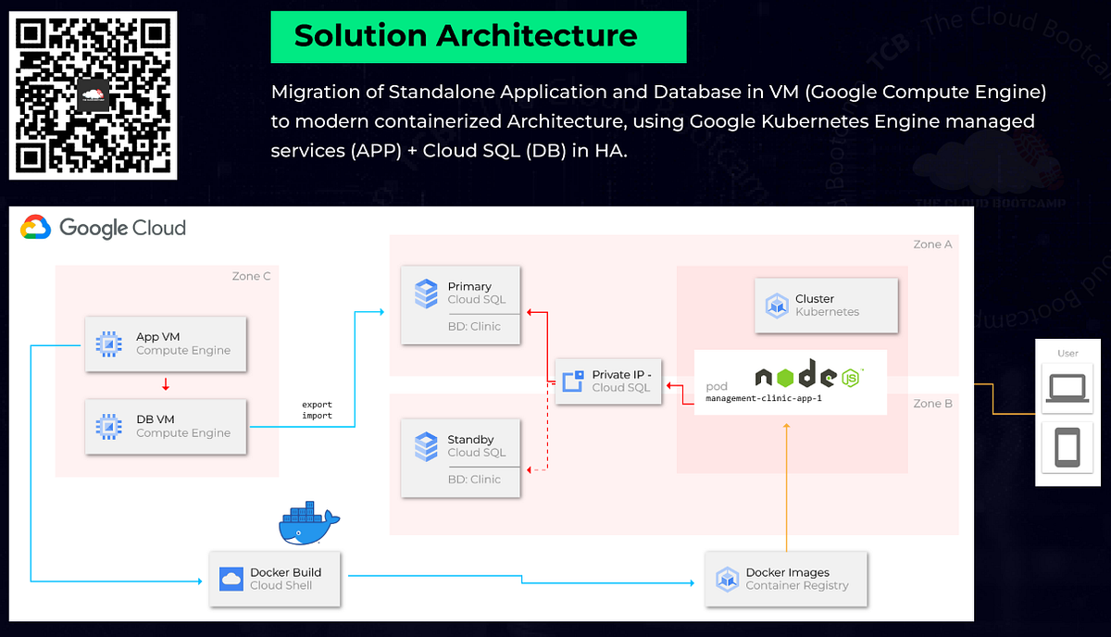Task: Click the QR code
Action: click(x=93, y=94)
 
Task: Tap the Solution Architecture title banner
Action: click(x=478, y=37)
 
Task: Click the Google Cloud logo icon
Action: click(x=36, y=228)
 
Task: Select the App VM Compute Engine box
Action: click(x=166, y=344)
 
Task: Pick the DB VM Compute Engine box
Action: click(x=166, y=426)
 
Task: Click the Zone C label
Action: click(x=251, y=276)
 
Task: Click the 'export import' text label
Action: click(x=317, y=410)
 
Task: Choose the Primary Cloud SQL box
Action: click(x=461, y=306)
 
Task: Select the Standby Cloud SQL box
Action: click(x=461, y=458)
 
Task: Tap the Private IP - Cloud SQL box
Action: click(x=608, y=381)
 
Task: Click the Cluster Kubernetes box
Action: click(x=827, y=306)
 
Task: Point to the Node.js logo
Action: click(x=808, y=376)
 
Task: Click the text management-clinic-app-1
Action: click(x=764, y=397)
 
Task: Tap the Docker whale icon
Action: click(x=308, y=525)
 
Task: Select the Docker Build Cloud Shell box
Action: click(x=275, y=579)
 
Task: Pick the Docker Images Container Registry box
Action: click(x=786, y=579)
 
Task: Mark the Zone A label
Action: click(x=932, y=244)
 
